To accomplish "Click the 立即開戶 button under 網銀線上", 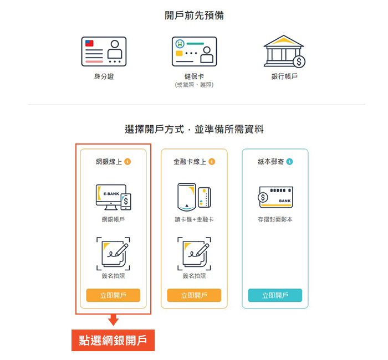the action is click(x=113, y=295).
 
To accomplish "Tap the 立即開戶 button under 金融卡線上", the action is click(x=194, y=295).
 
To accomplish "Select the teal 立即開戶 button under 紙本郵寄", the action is click(x=275, y=295).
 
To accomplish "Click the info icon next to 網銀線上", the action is click(x=127, y=162).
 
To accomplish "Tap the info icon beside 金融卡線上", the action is click(x=212, y=162).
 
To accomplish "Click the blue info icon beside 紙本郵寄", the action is click(x=289, y=162).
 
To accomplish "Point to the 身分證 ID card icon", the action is click(x=104, y=52).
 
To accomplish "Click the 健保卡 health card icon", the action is click(x=194, y=52).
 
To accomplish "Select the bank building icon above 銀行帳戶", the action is click(x=284, y=51).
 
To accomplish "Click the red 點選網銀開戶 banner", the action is click(x=113, y=340).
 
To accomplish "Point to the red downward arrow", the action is click(x=113, y=320).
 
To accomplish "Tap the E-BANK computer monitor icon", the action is click(x=111, y=197).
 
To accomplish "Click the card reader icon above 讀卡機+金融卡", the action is click(x=187, y=197).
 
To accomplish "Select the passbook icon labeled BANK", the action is click(x=275, y=197).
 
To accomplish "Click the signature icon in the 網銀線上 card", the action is click(x=113, y=254).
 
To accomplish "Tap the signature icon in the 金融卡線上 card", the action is click(x=194, y=254).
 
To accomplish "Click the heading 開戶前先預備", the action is click(x=194, y=16).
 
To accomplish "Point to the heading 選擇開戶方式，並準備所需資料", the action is click(x=194, y=129).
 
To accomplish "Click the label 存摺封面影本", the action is click(x=275, y=219).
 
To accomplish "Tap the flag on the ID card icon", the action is click(x=89, y=43).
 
